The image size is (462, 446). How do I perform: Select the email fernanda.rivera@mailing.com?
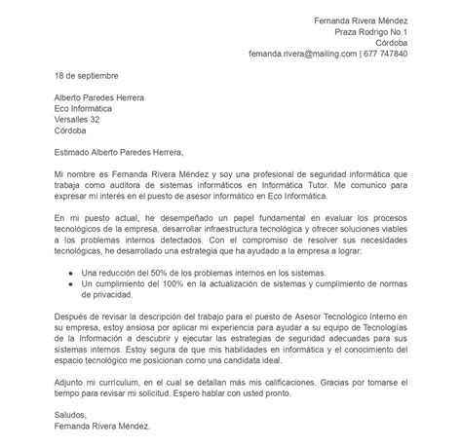click(x=302, y=54)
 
